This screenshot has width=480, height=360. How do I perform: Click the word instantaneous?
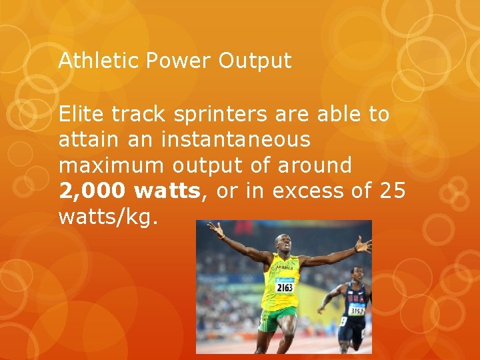pos(235,140)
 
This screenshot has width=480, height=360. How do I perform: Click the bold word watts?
pos(167,192)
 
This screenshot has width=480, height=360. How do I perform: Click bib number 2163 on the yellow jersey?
pos(284,287)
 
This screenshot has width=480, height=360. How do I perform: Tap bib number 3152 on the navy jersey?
pos(356,310)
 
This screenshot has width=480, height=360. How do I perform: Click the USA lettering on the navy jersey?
pos(356,298)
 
